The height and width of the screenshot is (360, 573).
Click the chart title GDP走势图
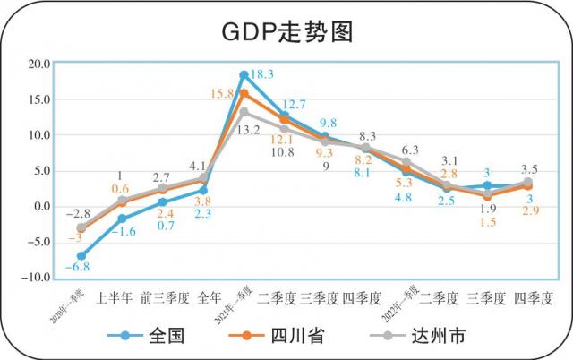coord(286,31)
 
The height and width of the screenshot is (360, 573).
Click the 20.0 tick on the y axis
coord(38,64)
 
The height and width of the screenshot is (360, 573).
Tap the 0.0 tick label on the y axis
coord(40,207)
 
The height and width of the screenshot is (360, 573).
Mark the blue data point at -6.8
coord(81,256)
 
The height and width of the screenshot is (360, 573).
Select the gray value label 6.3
coord(410,150)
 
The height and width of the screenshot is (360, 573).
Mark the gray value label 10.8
coord(283,152)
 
